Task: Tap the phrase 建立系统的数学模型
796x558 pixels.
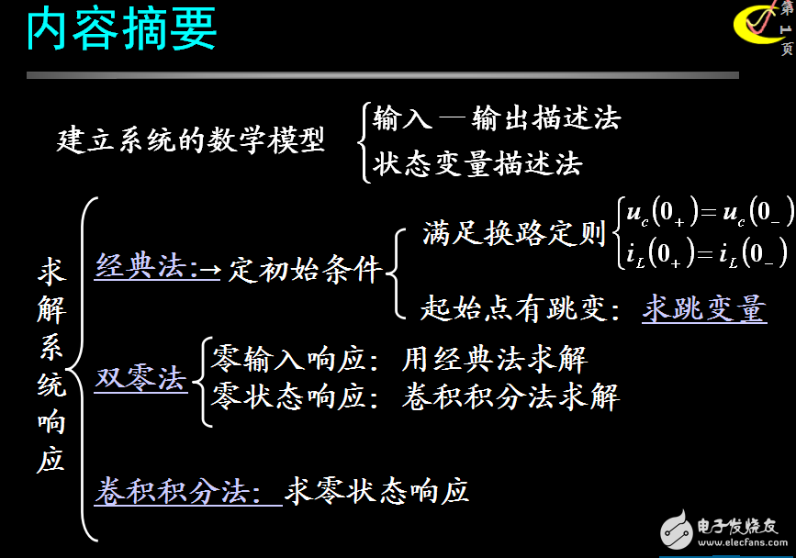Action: pyautogui.click(x=191, y=141)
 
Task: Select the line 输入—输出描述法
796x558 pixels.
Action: pyautogui.click(x=497, y=118)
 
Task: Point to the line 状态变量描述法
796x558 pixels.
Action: pyautogui.click(x=477, y=164)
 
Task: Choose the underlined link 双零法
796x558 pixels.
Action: pyautogui.click(x=140, y=378)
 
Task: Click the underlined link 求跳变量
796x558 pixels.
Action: pyautogui.click(x=703, y=309)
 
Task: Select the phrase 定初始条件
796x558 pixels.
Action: pyautogui.click(x=305, y=269)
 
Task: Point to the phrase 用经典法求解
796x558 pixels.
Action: pyautogui.click(x=494, y=357)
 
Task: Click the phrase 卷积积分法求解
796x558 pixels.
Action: pyautogui.click(x=510, y=396)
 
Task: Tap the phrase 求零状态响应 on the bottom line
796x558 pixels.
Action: pyautogui.click(x=377, y=491)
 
